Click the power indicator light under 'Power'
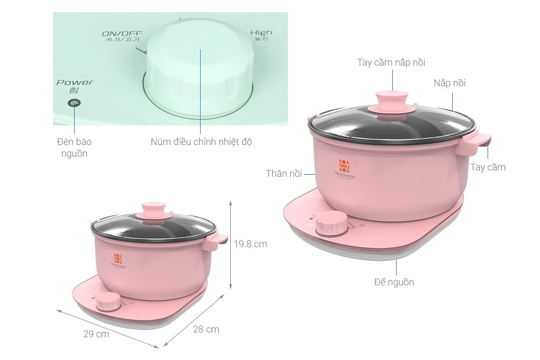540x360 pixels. click(x=74, y=103)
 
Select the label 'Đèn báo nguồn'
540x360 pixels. click(x=74, y=148)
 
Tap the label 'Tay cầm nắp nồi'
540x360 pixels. click(x=391, y=62)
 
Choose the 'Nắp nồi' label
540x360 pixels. click(x=449, y=83)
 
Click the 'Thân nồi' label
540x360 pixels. click(x=284, y=174)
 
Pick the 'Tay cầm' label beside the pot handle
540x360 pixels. click(x=488, y=167)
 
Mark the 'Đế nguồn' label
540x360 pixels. click(x=394, y=282)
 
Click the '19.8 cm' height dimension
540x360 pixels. click(x=250, y=244)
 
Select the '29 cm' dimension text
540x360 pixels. click(x=96, y=334)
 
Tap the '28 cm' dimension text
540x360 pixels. click(x=206, y=329)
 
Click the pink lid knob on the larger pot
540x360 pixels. click(x=392, y=101)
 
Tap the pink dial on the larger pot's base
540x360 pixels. click(x=331, y=224)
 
